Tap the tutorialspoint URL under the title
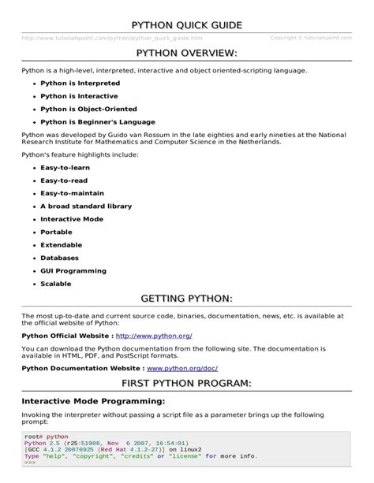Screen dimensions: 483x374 [112, 38]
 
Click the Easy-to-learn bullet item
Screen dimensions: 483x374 [68, 168]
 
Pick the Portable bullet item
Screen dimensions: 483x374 [56, 232]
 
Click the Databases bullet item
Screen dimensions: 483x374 [60, 258]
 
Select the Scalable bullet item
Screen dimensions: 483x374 [56, 283]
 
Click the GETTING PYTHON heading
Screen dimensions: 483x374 [186, 299]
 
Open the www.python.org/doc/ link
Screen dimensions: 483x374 [182, 368]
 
